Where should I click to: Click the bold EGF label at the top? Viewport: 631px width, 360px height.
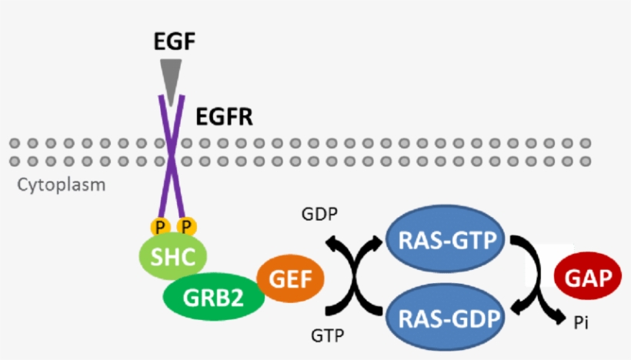coord(174,40)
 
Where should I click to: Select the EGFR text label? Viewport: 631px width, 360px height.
coord(224,118)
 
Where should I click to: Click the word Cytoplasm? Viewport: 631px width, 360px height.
coord(62,185)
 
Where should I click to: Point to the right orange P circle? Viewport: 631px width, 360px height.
coord(185,226)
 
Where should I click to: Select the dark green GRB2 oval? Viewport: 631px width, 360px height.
coord(213,295)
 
